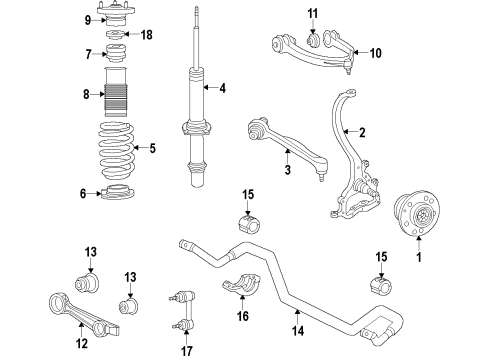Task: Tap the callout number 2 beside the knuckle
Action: pyautogui.click(x=362, y=132)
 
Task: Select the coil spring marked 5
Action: pyautogui.click(x=124, y=150)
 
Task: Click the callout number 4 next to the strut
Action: pyautogui.click(x=222, y=88)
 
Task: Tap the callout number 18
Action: pyautogui.click(x=147, y=35)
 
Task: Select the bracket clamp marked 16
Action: pyautogui.click(x=241, y=287)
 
